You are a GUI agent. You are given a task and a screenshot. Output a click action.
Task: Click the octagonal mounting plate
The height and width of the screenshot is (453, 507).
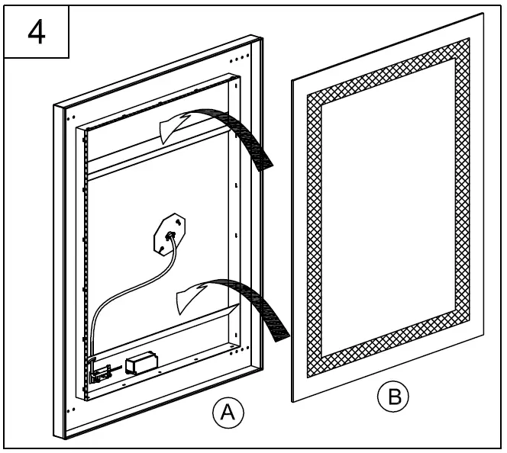tap(168, 233)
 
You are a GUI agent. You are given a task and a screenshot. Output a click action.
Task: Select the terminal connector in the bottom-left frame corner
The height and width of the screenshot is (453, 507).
tap(99, 371)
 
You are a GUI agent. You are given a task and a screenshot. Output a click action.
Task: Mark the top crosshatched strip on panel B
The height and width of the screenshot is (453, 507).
tap(389, 69)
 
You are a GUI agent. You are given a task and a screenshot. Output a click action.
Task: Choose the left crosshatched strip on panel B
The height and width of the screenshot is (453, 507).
tap(315, 229)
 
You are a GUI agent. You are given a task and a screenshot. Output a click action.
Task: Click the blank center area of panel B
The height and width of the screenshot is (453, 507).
tap(389, 214)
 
